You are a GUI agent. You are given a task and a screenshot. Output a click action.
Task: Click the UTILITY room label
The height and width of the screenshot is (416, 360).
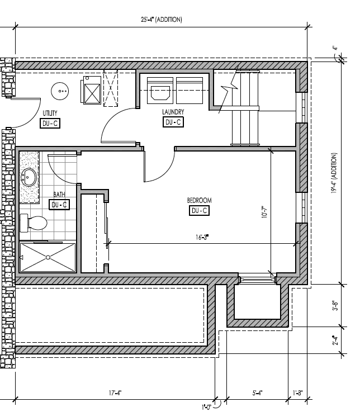pyautogui.click(x=50, y=114)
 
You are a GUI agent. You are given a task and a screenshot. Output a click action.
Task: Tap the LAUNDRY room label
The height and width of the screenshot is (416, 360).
pyautogui.click(x=173, y=112)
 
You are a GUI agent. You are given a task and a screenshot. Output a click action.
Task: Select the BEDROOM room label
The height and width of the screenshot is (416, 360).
pyautogui.click(x=199, y=200)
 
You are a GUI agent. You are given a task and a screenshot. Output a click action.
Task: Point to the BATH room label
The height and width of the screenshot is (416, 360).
pyautogui.click(x=59, y=195)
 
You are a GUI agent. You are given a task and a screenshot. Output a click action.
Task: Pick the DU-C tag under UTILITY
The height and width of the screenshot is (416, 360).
pyautogui.click(x=50, y=124)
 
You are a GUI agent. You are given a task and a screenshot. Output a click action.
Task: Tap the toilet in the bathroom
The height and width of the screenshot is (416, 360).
pyautogui.click(x=34, y=223)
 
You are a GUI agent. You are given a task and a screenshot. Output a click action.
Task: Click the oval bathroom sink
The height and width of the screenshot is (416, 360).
pyautogui.click(x=29, y=178)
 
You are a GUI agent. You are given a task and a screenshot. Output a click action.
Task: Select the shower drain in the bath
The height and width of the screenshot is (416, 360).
pyautogui.click(x=49, y=257)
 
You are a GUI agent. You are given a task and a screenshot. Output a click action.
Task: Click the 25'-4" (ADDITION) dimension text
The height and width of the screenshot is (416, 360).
pyautogui.click(x=162, y=20)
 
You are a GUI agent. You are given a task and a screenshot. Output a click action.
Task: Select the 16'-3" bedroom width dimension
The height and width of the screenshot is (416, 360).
pyautogui.click(x=202, y=238)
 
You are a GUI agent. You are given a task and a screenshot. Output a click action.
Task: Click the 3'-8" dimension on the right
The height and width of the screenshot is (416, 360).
pyautogui.click(x=335, y=306)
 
